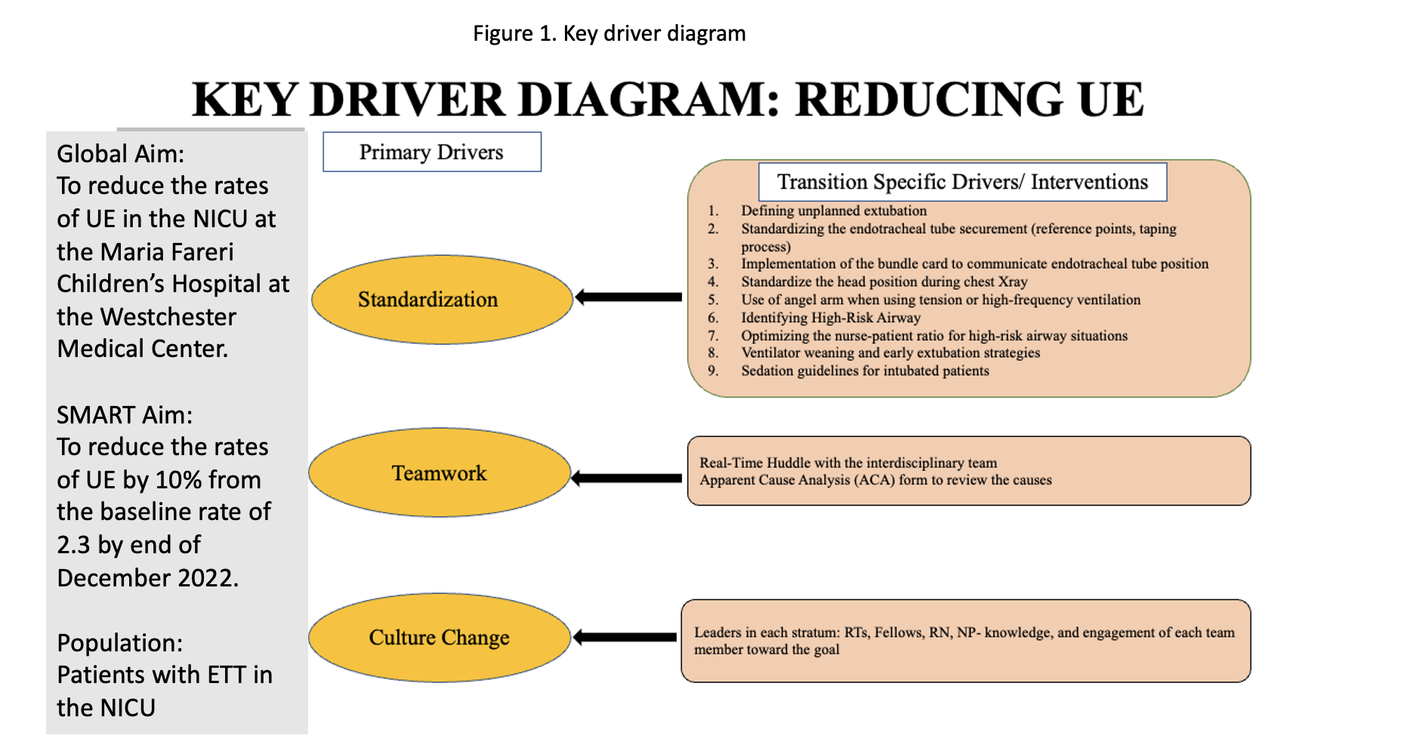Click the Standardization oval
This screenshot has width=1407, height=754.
click(443, 300)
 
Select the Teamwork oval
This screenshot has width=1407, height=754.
click(440, 473)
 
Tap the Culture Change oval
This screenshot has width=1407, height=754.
click(440, 638)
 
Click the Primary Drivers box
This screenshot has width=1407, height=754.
click(432, 152)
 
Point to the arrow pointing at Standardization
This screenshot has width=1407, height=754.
click(628, 297)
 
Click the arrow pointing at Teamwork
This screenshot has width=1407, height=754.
click(626, 479)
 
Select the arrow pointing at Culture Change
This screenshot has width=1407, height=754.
click(625, 638)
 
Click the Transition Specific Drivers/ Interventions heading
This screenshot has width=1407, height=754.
click(963, 182)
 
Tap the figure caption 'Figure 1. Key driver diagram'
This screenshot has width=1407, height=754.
click(609, 33)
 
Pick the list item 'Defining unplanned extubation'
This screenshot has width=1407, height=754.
click(834, 211)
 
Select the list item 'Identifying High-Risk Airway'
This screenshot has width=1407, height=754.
click(831, 318)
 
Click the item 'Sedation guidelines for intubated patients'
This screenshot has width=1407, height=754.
click(865, 371)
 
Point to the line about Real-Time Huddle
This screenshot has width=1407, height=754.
click(848, 463)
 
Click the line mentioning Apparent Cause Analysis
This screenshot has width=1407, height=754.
click(875, 480)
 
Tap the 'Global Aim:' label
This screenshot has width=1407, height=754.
click(121, 154)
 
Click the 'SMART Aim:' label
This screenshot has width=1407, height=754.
click(125, 415)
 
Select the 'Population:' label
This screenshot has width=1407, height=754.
click(120, 643)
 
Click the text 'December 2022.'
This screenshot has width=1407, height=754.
click(148, 578)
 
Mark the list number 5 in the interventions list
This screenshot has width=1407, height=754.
click(713, 300)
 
